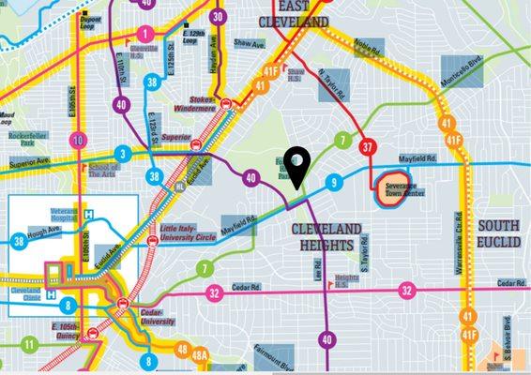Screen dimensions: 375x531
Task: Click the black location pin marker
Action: [x=297, y=166]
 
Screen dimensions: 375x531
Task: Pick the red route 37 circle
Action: [x=368, y=147]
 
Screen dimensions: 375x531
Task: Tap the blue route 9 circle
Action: [x=333, y=182]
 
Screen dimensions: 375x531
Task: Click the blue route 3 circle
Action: [x=122, y=153]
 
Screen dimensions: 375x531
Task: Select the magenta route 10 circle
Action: [x=79, y=142]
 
